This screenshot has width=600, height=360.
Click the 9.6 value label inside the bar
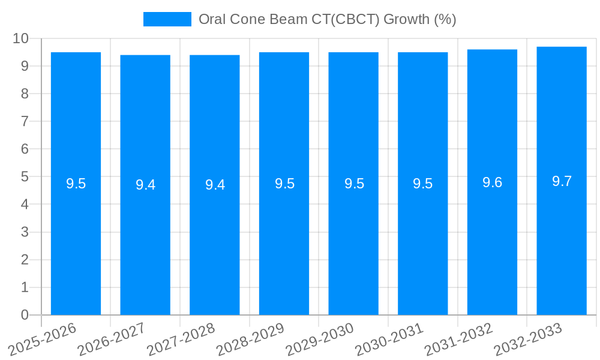click(492, 182)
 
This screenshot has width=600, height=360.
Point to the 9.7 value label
click(562, 181)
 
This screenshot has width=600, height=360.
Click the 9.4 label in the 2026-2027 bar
click(145, 185)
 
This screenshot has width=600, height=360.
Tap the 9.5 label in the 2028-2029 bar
click(284, 184)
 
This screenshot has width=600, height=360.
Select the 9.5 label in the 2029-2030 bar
click(354, 184)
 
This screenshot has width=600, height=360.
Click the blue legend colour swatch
click(167, 19)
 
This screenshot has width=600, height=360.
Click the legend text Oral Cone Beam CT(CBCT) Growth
click(327, 19)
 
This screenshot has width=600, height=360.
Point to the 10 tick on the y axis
click(21, 38)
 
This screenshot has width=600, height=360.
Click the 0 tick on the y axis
click(25, 315)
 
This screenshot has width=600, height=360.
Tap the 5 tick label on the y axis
click(25, 177)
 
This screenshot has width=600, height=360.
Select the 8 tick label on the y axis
click(25, 94)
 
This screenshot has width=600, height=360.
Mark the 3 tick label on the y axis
click(25, 232)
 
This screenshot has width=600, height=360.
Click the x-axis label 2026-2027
click(111, 340)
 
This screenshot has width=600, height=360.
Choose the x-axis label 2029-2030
click(319, 340)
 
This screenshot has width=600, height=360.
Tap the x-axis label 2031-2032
click(458, 340)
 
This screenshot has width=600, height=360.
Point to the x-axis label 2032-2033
click(527, 340)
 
